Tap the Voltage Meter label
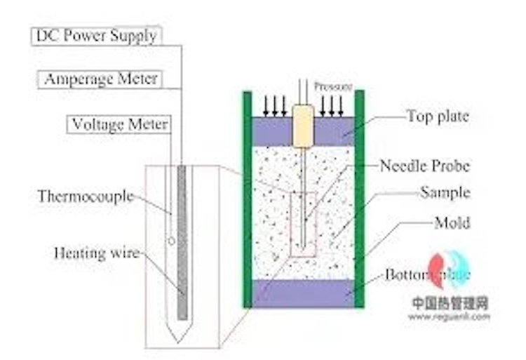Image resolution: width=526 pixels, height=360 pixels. pyautogui.click(x=120, y=124)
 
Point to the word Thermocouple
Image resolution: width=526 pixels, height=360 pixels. pyautogui.click(x=86, y=196)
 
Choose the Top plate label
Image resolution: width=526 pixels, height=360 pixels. pyautogui.click(x=437, y=116)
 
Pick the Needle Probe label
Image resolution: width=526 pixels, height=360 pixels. pyautogui.click(x=424, y=166)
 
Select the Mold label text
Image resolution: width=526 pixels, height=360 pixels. pyautogui.click(x=452, y=223)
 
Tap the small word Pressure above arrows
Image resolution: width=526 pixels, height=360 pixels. pyautogui.click(x=333, y=86)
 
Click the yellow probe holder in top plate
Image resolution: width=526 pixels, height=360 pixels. pyautogui.click(x=303, y=126)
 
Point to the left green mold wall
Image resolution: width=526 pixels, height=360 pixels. pyautogui.click(x=247, y=200)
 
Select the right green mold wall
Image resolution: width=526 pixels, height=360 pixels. pyautogui.click(x=359, y=200)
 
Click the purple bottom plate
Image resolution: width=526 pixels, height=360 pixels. pyautogui.click(x=303, y=293)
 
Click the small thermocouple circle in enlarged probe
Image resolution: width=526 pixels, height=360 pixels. pyautogui.click(x=172, y=241)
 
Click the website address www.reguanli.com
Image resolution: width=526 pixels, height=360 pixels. pyautogui.click(x=449, y=316)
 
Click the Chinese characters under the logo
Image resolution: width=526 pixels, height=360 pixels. pyautogui.click(x=449, y=304)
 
